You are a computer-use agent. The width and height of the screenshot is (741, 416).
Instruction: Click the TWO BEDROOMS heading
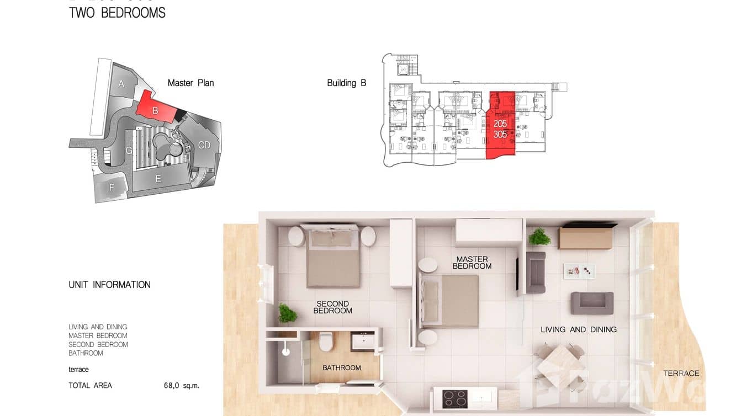pyautogui.click(x=117, y=13)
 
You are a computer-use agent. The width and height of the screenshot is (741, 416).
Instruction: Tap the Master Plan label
pyautogui.click(x=190, y=83)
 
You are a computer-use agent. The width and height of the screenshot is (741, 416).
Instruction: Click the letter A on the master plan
pyautogui.click(x=121, y=84)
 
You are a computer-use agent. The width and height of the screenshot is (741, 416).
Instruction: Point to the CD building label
pyautogui.click(x=204, y=145)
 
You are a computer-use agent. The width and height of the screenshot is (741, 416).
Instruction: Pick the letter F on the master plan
pyautogui.click(x=112, y=188)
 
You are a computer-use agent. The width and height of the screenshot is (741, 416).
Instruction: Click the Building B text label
pyautogui.click(x=346, y=83)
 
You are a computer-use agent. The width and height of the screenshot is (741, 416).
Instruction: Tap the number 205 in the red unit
pyautogui.click(x=500, y=124)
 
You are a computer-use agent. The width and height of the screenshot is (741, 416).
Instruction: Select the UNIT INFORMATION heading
pyautogui.click(x=109, y=285)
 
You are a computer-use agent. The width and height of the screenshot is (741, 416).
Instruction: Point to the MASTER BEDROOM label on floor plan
pyautogui.click(x=472, y=263)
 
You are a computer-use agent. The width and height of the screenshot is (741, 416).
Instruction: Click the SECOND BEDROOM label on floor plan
pyautogui.click(x=332, y=307)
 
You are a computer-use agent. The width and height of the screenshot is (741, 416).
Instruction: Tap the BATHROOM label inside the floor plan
pyautogui.click(x=342, y=367)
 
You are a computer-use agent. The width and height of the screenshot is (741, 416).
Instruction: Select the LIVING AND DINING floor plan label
pyautogui.click(x=578, y=329)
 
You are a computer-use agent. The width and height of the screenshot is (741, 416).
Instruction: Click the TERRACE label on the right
pyautogui.click(x=681, y=374)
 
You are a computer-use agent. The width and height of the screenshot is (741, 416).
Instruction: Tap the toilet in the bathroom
pyautogui.click(x=326, y=340)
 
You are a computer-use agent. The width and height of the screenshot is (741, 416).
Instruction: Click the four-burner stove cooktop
pyautogui.click(x=454, y=398)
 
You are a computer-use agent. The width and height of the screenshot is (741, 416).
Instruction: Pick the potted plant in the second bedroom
pyautogui.click(x=287, y=313)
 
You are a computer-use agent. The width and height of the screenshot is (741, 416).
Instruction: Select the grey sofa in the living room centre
pyautogui.click(x=592, y=303)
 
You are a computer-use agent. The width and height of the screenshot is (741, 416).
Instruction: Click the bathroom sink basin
pyautogui.click(x=363, y=341)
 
